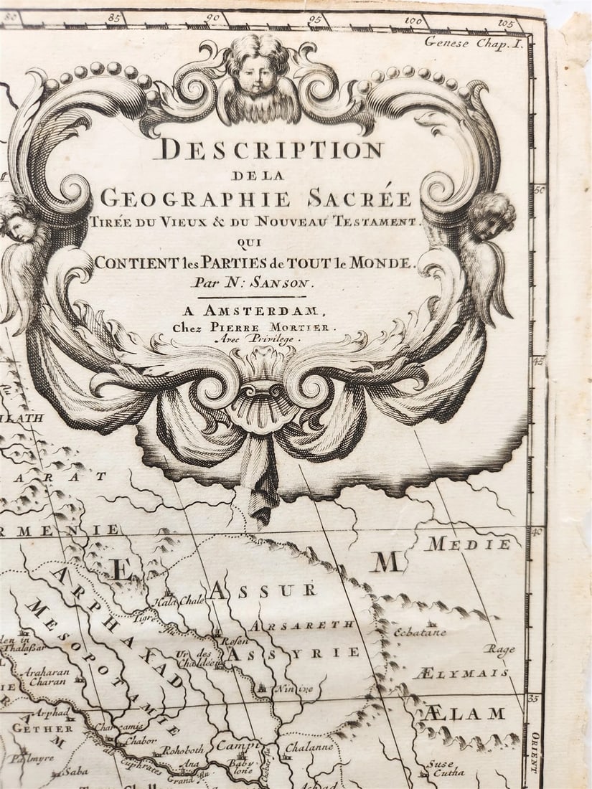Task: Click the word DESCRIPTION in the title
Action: coord(271,149)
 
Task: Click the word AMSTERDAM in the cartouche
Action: coord(283,311)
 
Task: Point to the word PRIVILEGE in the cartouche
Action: coord(273,339)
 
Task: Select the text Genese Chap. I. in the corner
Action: coord(474,42)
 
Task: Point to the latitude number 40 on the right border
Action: coord(537,531)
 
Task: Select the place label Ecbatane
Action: coord(420,633)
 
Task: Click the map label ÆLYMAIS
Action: coord(461,674)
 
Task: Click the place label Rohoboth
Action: coord(183,750)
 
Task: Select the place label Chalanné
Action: coord(309,747)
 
